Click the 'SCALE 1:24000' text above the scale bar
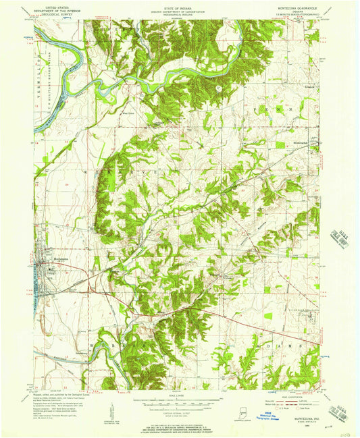178,395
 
